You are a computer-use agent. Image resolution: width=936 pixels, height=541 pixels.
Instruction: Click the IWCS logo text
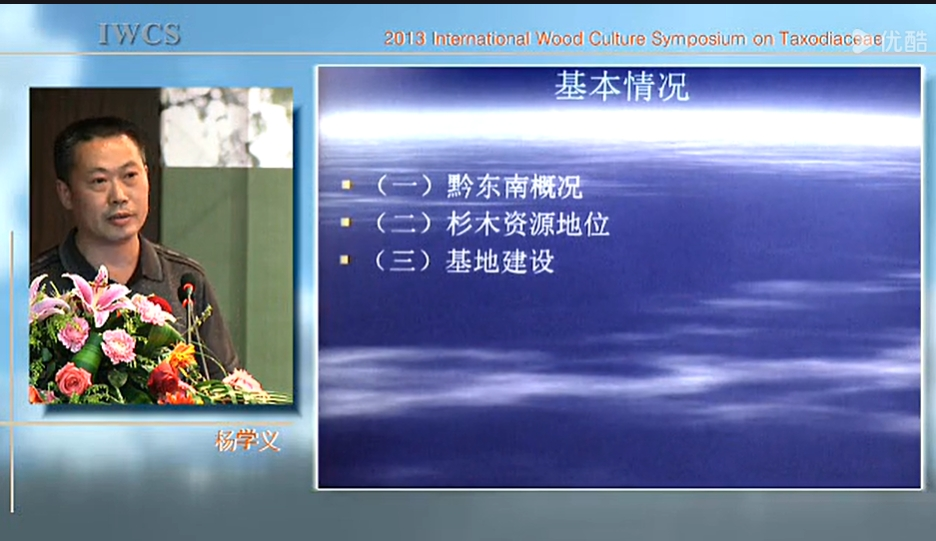tap(139, 34)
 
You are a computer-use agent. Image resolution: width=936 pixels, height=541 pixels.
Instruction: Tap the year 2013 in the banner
tap(405, 39)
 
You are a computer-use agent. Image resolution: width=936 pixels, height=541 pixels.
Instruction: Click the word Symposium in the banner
tap(698, 40)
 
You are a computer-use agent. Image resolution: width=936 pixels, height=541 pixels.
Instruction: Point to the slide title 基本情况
tap(621, 87)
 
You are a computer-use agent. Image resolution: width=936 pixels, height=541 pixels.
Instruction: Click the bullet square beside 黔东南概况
tap(346, 185)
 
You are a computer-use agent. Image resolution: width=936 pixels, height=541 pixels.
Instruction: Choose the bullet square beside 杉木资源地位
tap(346, 222)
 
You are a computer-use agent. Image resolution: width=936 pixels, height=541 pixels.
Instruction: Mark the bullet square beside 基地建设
tap(345, 260)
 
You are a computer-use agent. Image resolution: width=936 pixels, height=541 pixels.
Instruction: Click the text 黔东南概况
tap(515, 186)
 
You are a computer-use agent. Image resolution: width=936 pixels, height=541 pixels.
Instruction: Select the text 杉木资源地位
tap(528, 224)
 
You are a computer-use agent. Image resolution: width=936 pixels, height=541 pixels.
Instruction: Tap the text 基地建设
tap(500, 262)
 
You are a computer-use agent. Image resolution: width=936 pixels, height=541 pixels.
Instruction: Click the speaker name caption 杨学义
tap(247, 441)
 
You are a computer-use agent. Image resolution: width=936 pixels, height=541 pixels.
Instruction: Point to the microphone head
tap(187, 287)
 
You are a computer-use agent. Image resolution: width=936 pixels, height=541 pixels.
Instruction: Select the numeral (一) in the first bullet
tap(405, 186)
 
